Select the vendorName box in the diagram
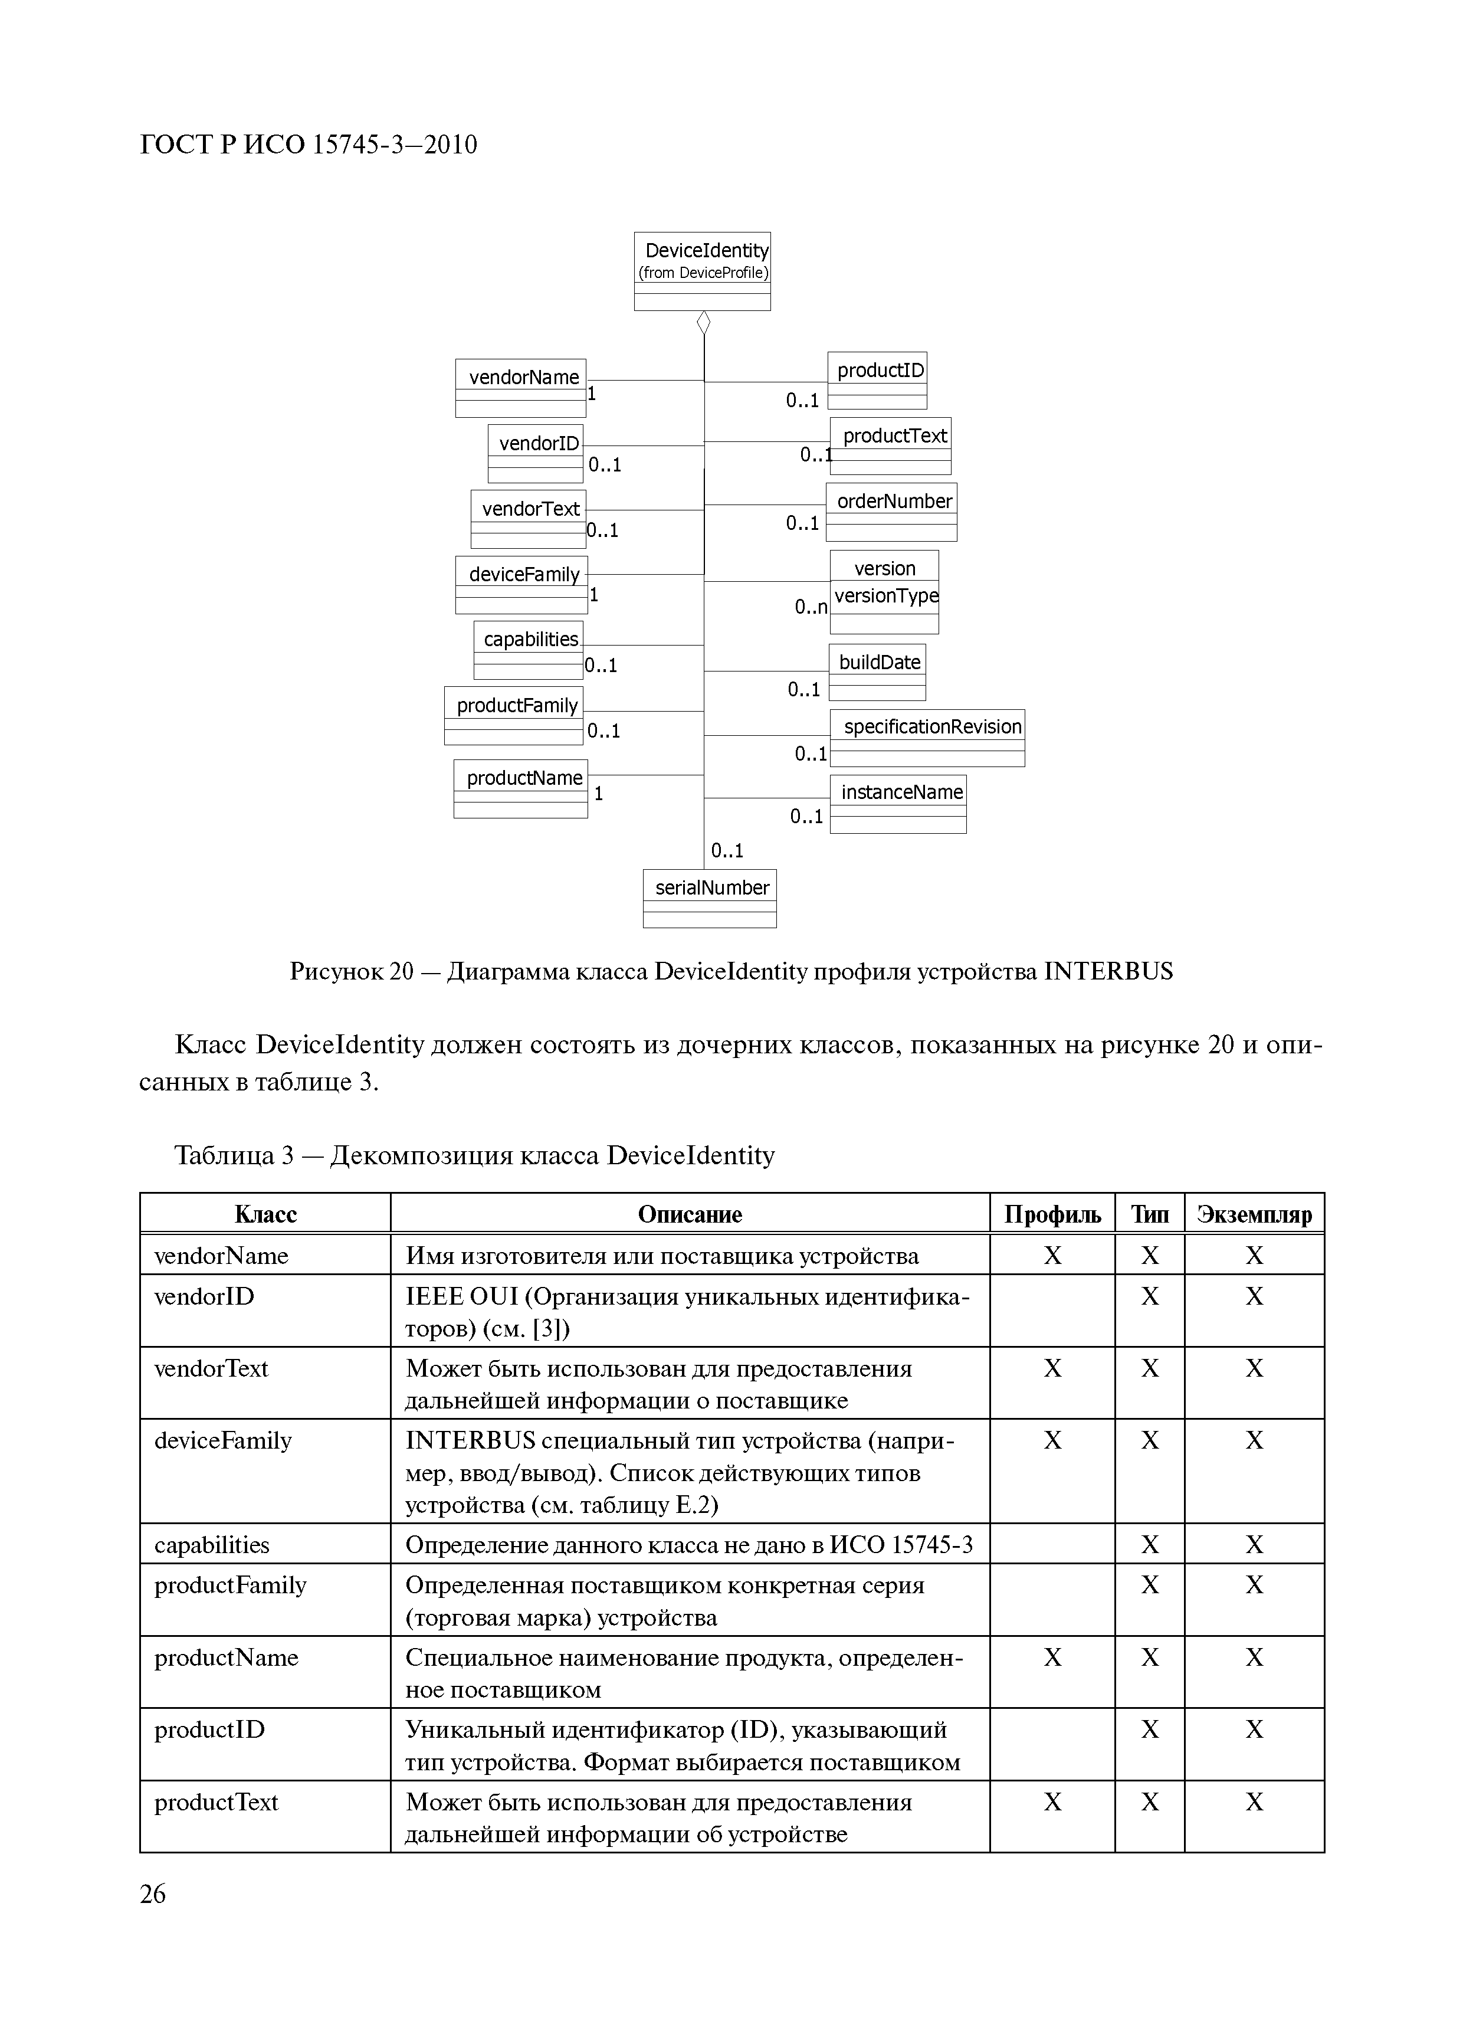520,388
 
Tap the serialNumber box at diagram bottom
709,898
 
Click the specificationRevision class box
927,738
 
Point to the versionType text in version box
885,596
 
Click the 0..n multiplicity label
810,608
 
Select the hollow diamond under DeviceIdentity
703,323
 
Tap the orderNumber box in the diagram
891,512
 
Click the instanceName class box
897,804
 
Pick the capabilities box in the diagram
529,650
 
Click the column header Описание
690,1214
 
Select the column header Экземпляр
1254,1214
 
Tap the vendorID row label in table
204,1296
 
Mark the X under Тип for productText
1149,1802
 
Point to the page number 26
152,1894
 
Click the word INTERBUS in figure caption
1107,971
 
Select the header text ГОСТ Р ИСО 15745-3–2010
309,145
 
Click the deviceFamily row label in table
223,1441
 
